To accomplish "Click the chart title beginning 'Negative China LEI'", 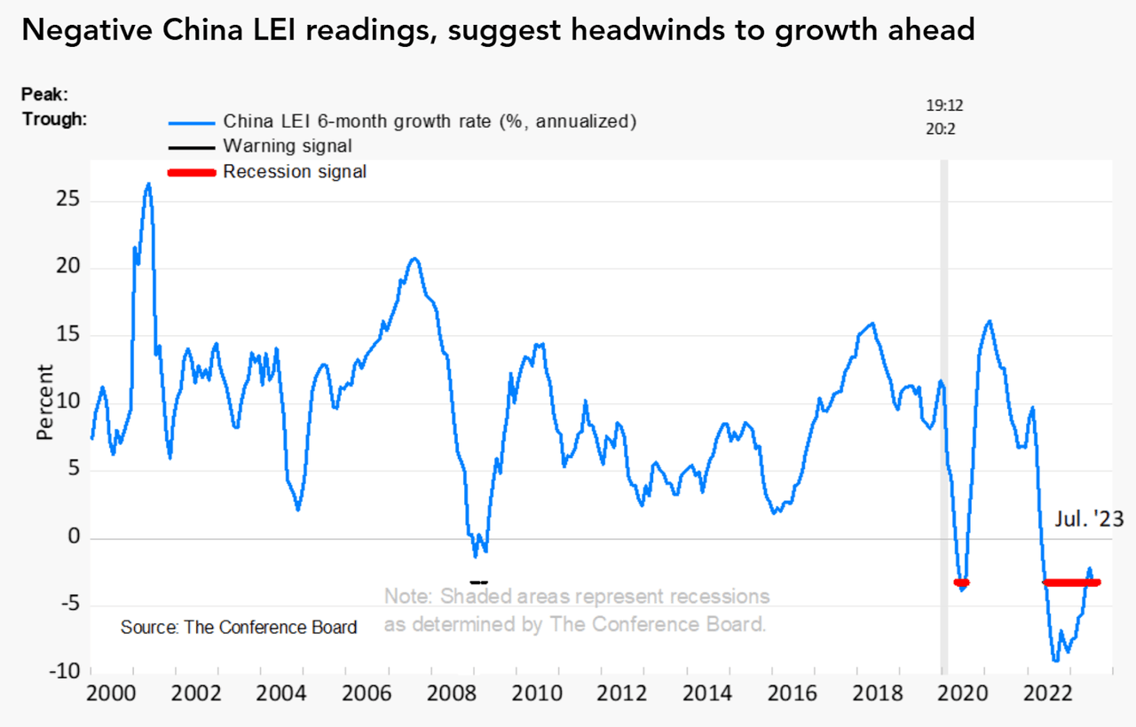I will (498, 31).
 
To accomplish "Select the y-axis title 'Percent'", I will (45, 403).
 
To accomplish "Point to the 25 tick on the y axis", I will (67, 200).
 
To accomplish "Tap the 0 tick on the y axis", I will (74, 538).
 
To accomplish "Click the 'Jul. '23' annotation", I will (1089, 520).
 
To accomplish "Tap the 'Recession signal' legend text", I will (294, 172).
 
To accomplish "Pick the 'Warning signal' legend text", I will (288, 146).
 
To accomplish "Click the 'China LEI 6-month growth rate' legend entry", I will (430, 121).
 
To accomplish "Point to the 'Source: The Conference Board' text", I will (239, 628).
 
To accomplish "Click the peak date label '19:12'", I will (944, 106).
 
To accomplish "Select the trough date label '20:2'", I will (941, 129).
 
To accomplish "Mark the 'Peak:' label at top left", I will (45, 94).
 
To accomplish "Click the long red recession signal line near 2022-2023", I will (1071, 582).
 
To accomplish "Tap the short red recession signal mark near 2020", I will (961, 582).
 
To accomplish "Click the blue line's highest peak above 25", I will (148, 184).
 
